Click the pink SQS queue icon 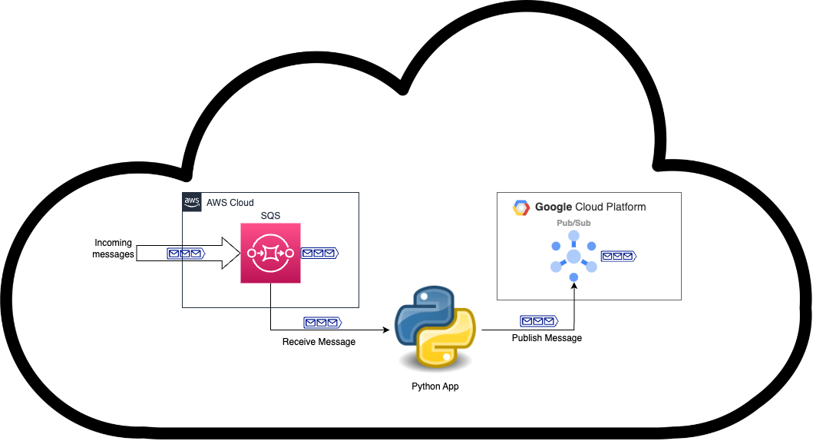[x=270, y=253]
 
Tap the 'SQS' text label [x=270, y=216]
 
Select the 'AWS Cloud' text [x=230, y=203]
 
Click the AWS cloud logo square [x=192, y=203]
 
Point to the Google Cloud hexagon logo [x=521, y=207]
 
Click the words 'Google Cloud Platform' [x=590, y=207]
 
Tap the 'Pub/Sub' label [x=573, y=223]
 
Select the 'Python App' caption [x=435, y=386]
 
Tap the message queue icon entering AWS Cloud [x=186, y=253]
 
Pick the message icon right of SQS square [x=319, y=253]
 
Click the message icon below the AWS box [x=322, y=323]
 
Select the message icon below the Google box [x=539, y=321]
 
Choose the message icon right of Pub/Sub [x=618, y=256]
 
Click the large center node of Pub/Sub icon [x=573, y=257]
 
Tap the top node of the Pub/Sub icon [x=573, y=235]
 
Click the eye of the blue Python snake [x=423, y=296]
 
